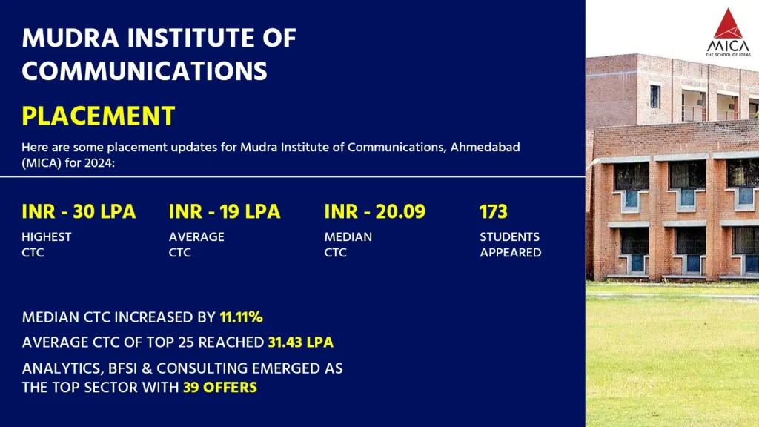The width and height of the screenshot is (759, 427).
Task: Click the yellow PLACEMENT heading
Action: pos(99,116)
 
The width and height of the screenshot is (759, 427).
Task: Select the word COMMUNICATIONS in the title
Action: pos(145,70)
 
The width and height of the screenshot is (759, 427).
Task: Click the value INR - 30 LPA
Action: pos(79,211)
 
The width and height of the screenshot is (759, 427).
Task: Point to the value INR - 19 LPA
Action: pos(225,211)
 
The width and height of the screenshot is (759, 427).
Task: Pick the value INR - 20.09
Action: pos(375,211)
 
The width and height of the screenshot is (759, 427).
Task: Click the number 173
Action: pos(494,211)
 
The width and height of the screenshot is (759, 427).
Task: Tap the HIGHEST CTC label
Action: pos(47,245)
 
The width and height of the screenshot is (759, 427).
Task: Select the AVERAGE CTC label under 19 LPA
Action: pos(196,245)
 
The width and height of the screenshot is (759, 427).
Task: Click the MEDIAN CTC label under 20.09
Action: pos(348,245)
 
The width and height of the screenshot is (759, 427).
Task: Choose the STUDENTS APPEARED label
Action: pos(510,245)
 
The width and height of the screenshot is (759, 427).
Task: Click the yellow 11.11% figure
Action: pos(242,317)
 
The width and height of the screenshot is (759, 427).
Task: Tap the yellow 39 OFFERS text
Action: pos(220,387)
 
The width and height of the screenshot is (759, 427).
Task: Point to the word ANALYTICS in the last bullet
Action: pos(60,368)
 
